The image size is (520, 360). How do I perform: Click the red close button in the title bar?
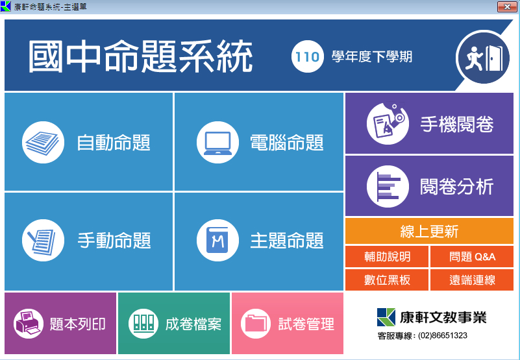507,6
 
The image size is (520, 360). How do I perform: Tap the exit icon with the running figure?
484,57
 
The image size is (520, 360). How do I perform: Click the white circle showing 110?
308,56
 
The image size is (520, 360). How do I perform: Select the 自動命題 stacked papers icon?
43,142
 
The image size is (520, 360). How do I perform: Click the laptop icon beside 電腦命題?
217,142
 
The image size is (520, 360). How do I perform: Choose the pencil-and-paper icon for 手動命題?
43,241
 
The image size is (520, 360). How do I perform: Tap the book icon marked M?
217,241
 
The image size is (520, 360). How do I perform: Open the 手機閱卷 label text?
457,124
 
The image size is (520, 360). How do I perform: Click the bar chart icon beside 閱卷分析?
388,186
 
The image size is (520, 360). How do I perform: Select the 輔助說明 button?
387,257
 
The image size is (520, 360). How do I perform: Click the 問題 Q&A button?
472,257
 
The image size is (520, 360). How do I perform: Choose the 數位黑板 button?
387,280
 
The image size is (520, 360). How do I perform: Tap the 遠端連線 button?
472,280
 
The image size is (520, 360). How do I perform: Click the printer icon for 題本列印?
29,324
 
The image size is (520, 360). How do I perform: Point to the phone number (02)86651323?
442,336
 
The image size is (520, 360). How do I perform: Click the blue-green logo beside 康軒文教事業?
386,317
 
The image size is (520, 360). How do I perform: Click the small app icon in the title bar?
6,6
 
